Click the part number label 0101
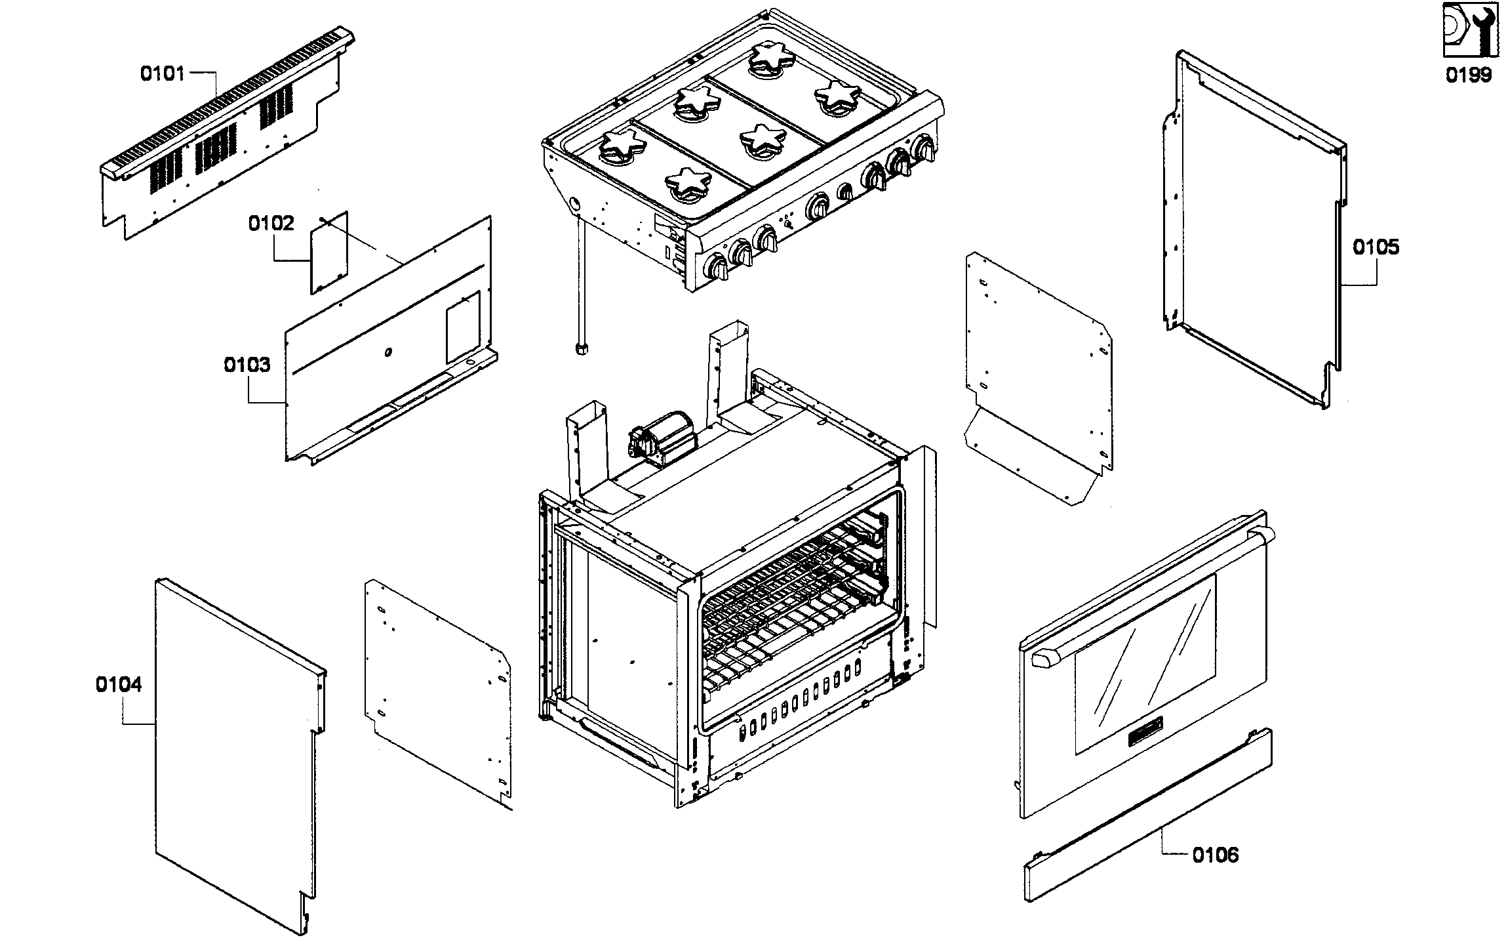(163, 73)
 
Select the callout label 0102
(271, 224)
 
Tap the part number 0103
(247, 365)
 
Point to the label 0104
(119, 685)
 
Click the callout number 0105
(1376, 247)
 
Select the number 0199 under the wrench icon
(1469, 75)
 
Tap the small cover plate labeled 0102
(329, 252)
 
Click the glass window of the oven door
(1144, 663)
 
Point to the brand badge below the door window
(1145, 741)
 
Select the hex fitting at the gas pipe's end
(580, 349)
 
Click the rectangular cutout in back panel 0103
(463, 327)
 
